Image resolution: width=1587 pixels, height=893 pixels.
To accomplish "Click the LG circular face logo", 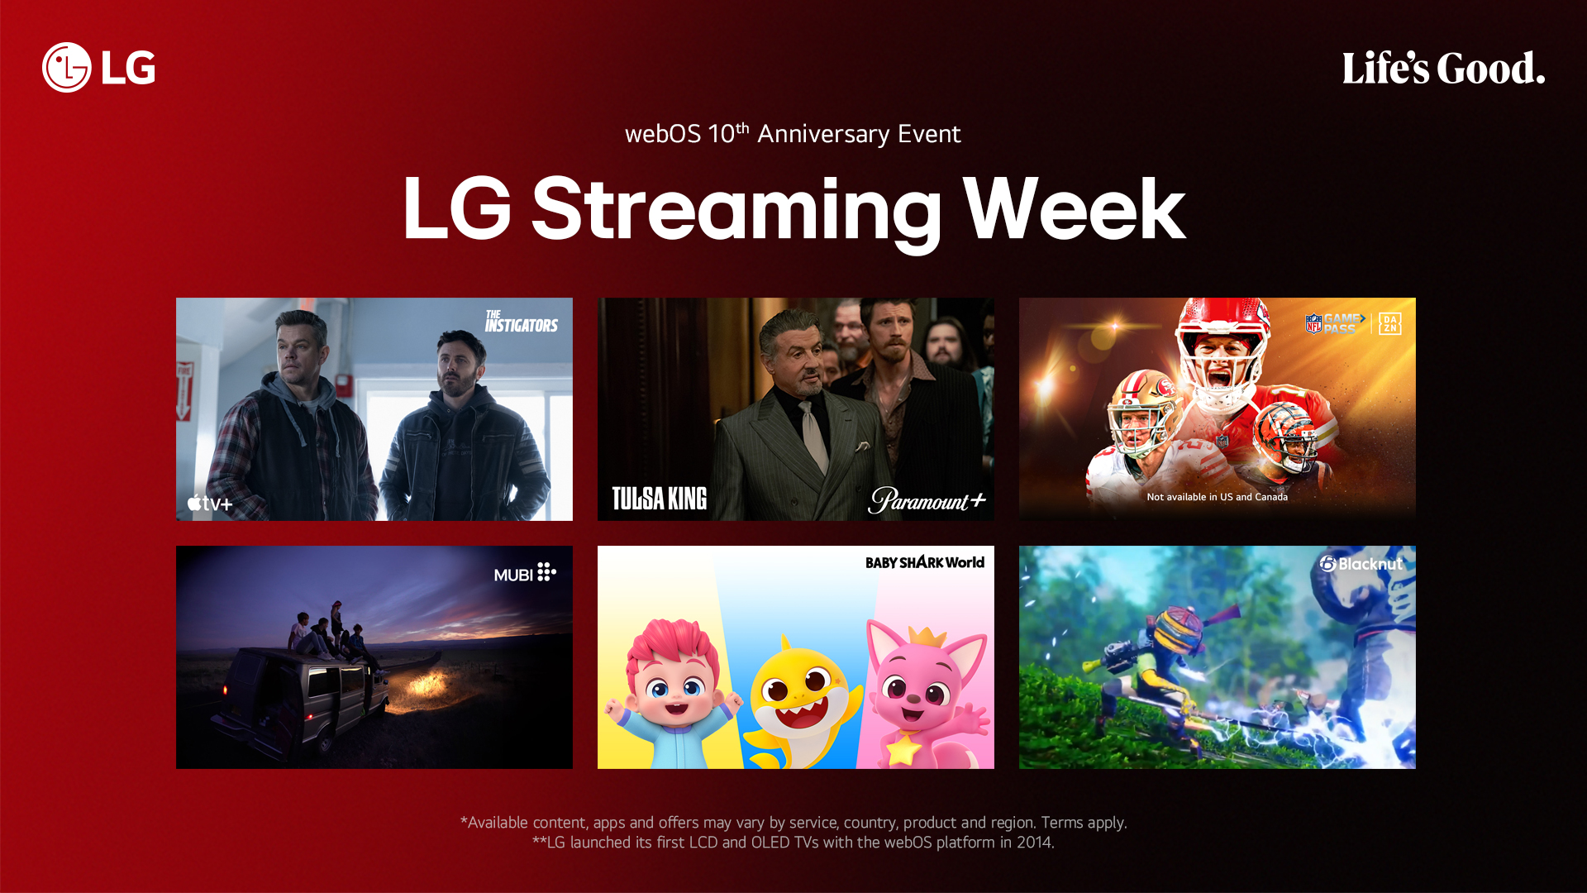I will pos(66,67).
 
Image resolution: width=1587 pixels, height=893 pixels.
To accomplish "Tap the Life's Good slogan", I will pos(1443,69).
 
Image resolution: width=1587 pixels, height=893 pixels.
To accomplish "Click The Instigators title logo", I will pos(521,322).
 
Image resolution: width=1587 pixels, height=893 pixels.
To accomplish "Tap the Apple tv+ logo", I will pos(210,503).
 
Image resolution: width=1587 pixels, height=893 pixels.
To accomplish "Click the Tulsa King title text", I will pos(659,499).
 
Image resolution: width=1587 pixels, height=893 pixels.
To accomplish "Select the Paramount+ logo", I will pos(927,500).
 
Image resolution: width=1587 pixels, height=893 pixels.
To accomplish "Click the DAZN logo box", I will pos(1389,323).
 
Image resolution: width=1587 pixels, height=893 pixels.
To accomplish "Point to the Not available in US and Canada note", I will pos(1217,497).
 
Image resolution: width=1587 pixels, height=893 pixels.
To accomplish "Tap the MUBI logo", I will pos(525,573).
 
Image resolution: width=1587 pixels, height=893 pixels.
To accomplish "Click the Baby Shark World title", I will pos(924,562).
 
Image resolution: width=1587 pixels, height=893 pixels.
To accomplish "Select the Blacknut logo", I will pos(1361,564).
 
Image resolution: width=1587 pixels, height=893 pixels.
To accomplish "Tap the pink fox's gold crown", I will pos(932,638).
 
